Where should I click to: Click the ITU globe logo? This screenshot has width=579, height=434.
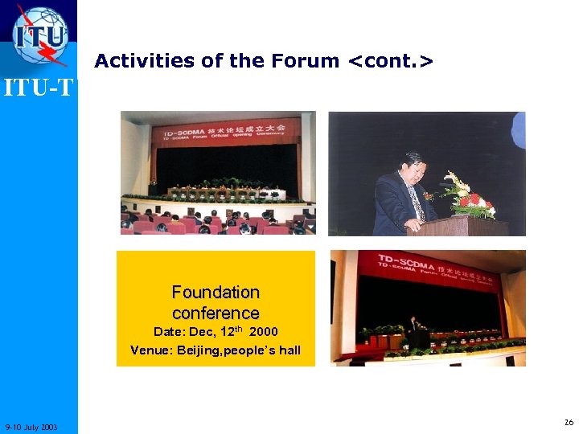(x=40, y=35)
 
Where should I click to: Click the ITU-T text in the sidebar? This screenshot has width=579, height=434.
(x=39, y=87)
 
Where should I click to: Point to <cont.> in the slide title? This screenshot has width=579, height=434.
(x=390, y=61)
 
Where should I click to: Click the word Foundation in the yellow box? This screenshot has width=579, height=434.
(x=216, y=293)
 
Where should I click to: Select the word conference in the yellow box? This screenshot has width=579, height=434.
(x=216, y=313)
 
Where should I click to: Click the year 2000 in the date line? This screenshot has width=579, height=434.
(x=265, y=332)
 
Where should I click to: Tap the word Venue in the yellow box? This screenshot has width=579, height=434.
(x=150, y=350)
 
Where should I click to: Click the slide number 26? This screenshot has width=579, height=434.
(x=569, y=422)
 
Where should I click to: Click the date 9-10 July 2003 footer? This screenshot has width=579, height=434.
(x=31, y=426)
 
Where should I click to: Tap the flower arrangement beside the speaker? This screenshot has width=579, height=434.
(x=470, y=197)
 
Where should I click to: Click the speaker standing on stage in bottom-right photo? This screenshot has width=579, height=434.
(x=413, y=329)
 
